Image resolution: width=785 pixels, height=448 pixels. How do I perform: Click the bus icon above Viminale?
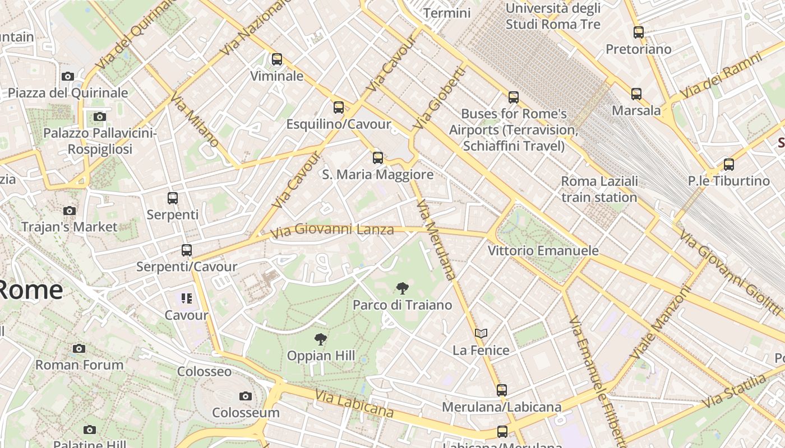click(277, 59)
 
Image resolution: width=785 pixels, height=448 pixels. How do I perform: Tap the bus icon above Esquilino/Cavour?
click(339, 108)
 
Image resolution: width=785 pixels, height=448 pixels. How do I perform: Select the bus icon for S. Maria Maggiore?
click(378, 158)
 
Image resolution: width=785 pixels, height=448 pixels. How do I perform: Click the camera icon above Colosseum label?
click(245, 396)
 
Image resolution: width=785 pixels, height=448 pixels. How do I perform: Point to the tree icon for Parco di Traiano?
click(402, 289)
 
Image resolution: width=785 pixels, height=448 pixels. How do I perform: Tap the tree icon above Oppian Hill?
click(320, 339)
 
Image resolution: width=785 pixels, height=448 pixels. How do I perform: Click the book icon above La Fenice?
click(481, 334)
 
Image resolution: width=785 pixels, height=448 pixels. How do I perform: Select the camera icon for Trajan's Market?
click(70, 211)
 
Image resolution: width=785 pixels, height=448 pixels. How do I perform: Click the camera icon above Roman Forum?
click(79, 349)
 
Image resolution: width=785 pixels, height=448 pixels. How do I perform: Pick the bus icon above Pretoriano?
click(638, 32)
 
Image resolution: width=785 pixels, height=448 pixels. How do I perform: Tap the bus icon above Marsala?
click(636, 94)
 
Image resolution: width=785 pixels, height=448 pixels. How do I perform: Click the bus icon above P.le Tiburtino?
click(728, 165)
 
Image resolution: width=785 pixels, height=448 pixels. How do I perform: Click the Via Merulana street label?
click(436, 241)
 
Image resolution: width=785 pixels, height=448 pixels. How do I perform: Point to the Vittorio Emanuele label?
click(543, 250)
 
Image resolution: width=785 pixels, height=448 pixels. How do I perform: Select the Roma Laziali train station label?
click(599, 189)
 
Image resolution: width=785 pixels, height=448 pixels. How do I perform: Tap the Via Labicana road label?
click(354, 404)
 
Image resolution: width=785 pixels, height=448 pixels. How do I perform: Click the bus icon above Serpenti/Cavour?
click(187, 250)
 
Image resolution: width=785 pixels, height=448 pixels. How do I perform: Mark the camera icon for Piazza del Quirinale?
click(68, 77)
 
